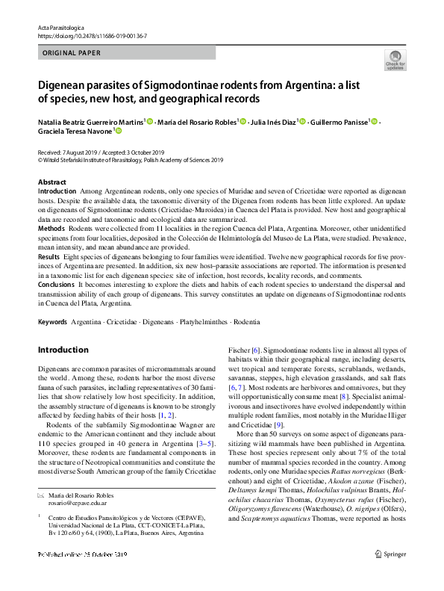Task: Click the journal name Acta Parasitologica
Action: (62, 28)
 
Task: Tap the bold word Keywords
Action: (52, 321)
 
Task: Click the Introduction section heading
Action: (63, 350)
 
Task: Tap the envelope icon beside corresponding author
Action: (41, 496)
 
